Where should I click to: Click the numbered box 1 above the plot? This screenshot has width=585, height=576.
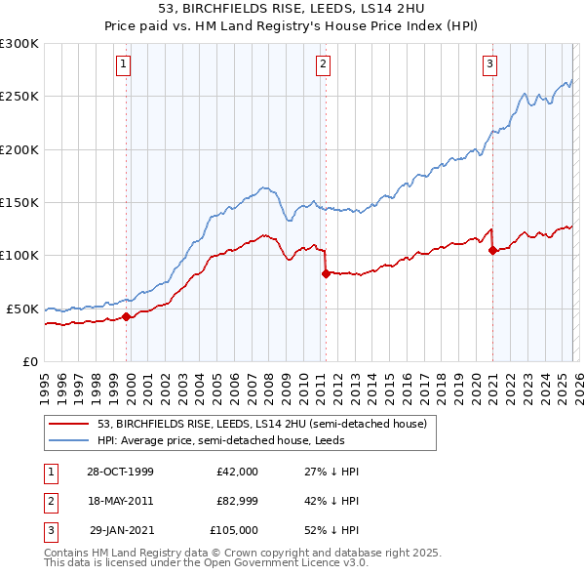click(x=126, y=65)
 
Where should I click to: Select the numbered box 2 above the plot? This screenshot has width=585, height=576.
click(x=323, y=65)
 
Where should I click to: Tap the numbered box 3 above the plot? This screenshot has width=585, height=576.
click(x=489, y=65)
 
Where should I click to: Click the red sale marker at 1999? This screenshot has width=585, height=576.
click(x=127, y=316)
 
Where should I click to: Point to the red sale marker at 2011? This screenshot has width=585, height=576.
click(x=326, y=273)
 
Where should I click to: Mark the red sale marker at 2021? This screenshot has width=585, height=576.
click(x=492, y=250)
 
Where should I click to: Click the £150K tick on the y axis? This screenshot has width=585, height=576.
click(x=19, y=202)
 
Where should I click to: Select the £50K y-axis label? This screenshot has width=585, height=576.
click(x=22, y=309)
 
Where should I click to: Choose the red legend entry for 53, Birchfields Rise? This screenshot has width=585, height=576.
click(x=261, y=424)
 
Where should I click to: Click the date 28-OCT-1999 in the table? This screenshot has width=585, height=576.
click(x=120, y=472)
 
